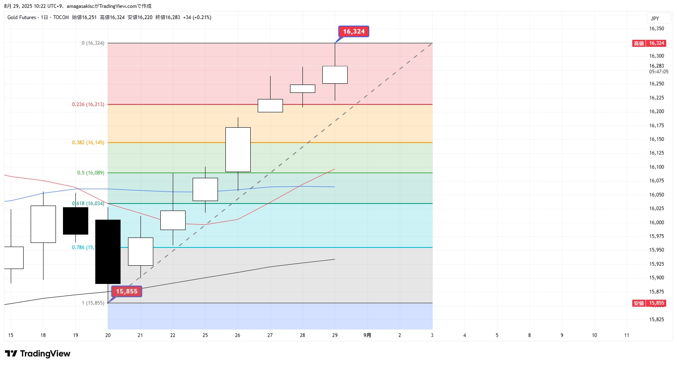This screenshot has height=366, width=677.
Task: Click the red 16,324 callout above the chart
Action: pos(353,32)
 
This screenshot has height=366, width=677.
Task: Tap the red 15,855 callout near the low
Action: pos(127,291)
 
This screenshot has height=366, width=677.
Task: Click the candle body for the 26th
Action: pos(238,149)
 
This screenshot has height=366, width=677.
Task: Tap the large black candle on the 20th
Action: pos(108,252)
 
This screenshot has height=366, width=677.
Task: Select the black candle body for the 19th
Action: pos(75,221)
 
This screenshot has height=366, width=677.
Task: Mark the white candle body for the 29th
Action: pos(335,75)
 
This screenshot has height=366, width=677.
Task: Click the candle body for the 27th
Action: pos(270,105)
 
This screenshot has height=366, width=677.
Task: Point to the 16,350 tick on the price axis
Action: pos(656,29)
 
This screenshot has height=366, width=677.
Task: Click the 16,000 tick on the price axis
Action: pos(656,223)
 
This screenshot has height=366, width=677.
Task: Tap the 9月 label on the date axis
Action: pos(367,335)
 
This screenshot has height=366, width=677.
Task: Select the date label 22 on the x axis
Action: pos(173,335)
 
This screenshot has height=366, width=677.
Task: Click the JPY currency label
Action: pos(655,19)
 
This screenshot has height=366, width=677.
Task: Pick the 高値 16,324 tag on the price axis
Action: pos(649,43)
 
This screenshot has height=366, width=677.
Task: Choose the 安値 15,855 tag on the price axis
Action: pos(649,303)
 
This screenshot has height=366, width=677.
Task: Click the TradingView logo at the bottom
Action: pos(38,354)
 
